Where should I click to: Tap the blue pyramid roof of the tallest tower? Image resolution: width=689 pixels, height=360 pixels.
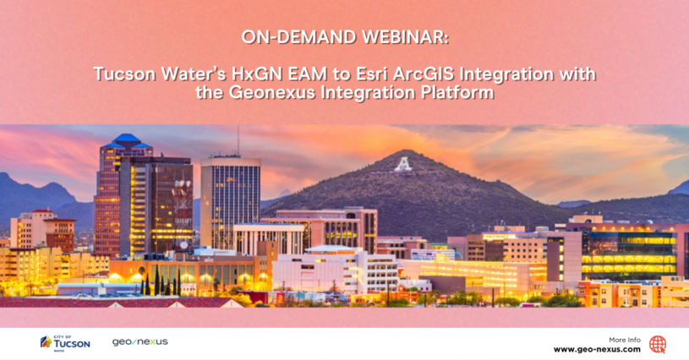click(126, 139)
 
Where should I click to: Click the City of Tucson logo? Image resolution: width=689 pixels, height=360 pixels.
click(65, 341)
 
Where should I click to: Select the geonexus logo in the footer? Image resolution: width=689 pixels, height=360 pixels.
click(139, 341)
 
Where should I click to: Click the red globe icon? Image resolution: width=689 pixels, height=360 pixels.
click(658, 344)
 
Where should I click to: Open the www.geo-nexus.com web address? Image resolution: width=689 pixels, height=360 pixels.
click(597, 349)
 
